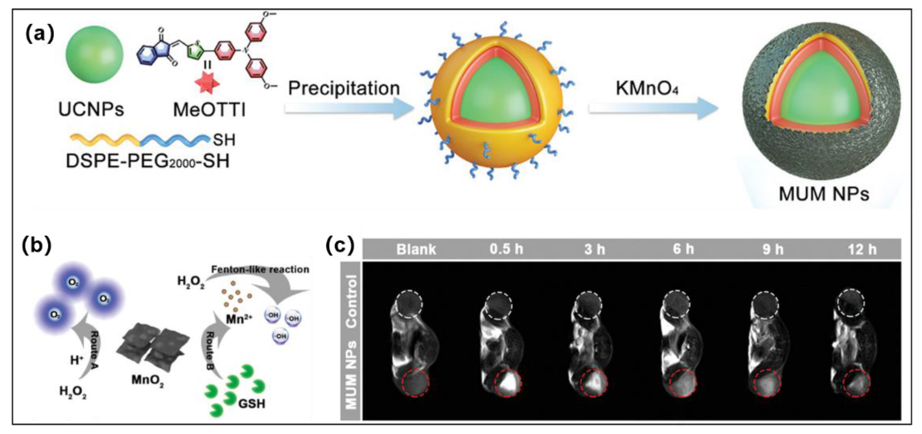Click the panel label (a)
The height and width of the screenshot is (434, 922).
coord(40,34)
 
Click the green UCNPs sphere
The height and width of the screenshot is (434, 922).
coord(94,54)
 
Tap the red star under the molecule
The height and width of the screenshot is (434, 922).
coord(207,82)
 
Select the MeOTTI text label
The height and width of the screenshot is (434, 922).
coord(210,109)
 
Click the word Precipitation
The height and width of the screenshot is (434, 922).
coord(344,88)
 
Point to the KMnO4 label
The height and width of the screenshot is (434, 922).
coord(647,88)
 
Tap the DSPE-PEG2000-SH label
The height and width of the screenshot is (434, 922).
coord(148,161)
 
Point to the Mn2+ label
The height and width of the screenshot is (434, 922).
coord(239,319)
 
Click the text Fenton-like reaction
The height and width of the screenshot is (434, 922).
coord(260,269)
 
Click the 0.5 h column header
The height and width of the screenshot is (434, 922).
coord(506,249)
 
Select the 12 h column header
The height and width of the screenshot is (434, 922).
coord(862,249)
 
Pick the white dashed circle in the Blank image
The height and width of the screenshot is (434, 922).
coord(409,304)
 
